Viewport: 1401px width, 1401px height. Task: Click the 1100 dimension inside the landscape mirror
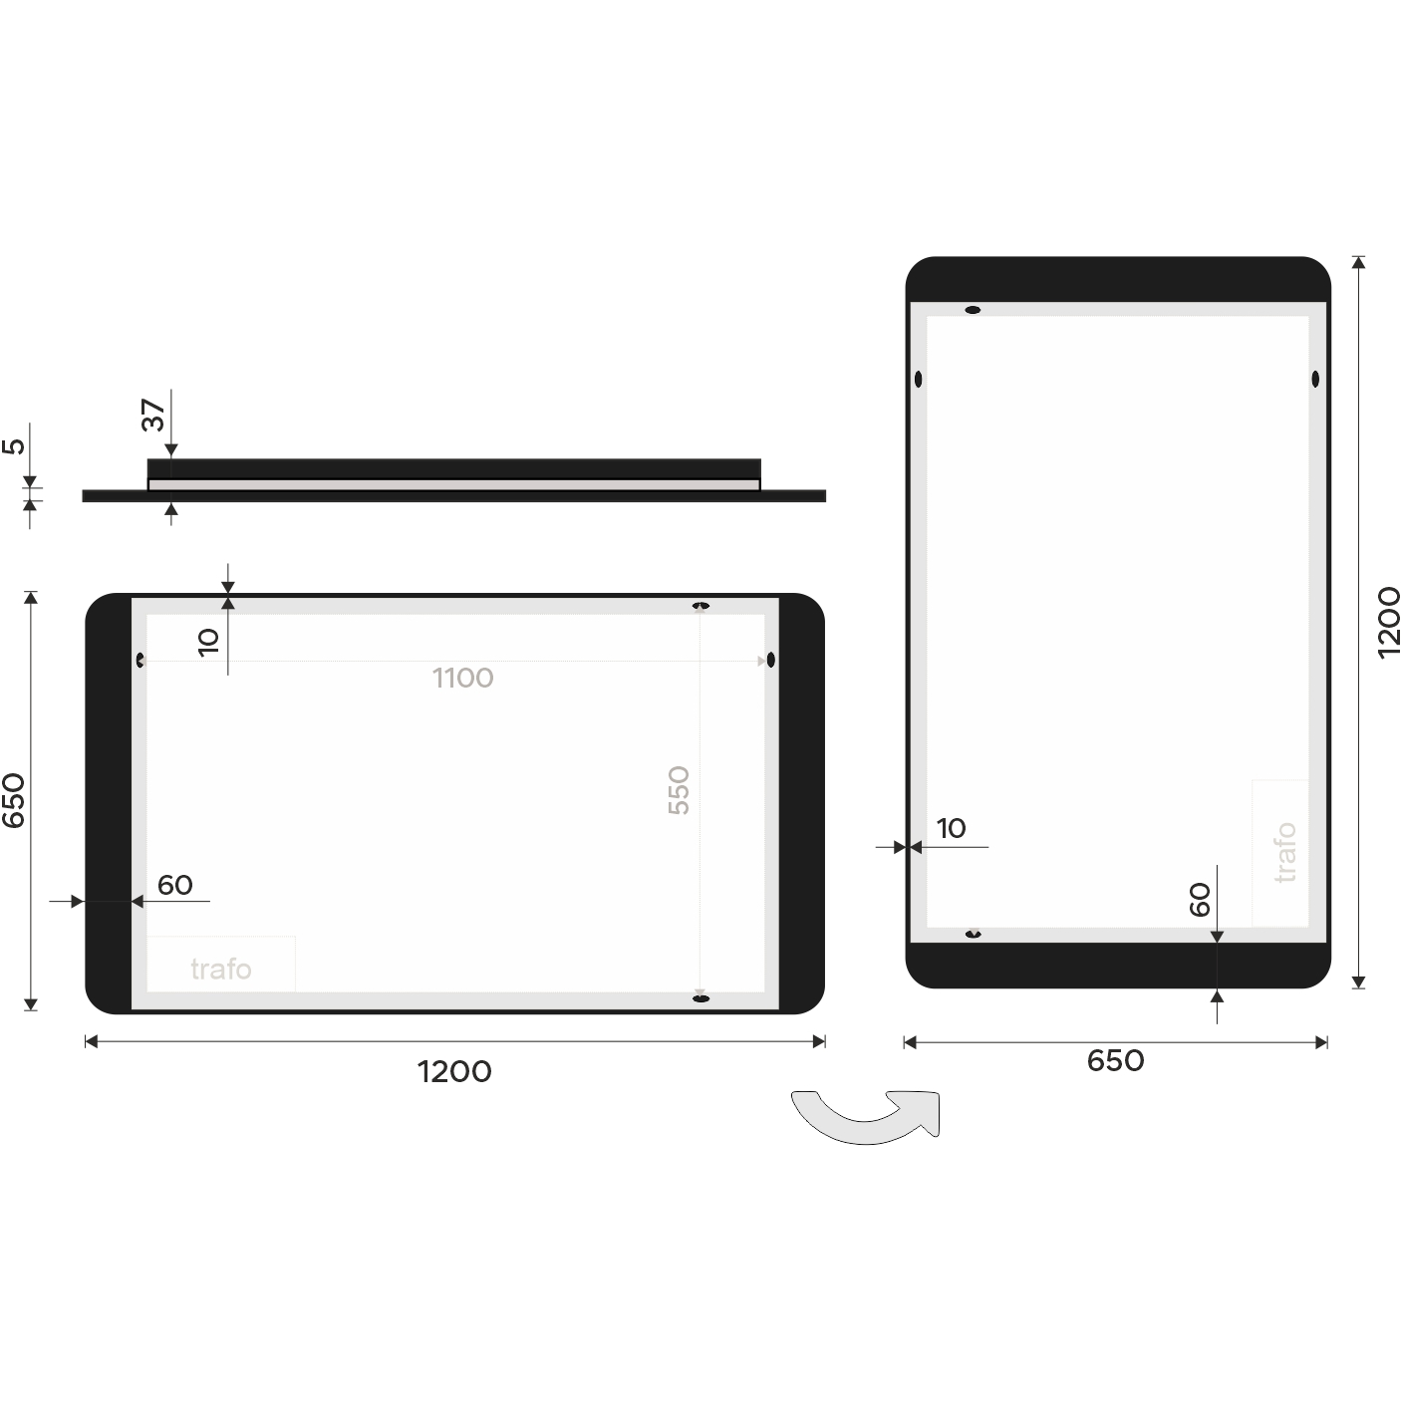click(x=462, y=678)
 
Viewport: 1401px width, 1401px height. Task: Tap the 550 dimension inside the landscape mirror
click(x=679, y=790)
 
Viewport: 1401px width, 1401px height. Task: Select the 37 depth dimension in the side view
click(x=153, y=415)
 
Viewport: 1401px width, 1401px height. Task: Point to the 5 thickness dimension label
click(x=14, y=446)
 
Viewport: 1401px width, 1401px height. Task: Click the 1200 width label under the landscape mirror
click(x=454, y=1071)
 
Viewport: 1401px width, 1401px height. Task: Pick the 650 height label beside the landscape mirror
click(x=14, y=800)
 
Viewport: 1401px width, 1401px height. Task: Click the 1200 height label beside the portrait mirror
click(x=1388, y=623)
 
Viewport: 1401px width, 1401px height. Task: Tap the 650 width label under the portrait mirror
click(x=1115, y=1061)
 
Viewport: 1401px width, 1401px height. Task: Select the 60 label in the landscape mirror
click(x=175, y=885)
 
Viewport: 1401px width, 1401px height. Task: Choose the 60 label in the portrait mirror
click(x=1200, y=900)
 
